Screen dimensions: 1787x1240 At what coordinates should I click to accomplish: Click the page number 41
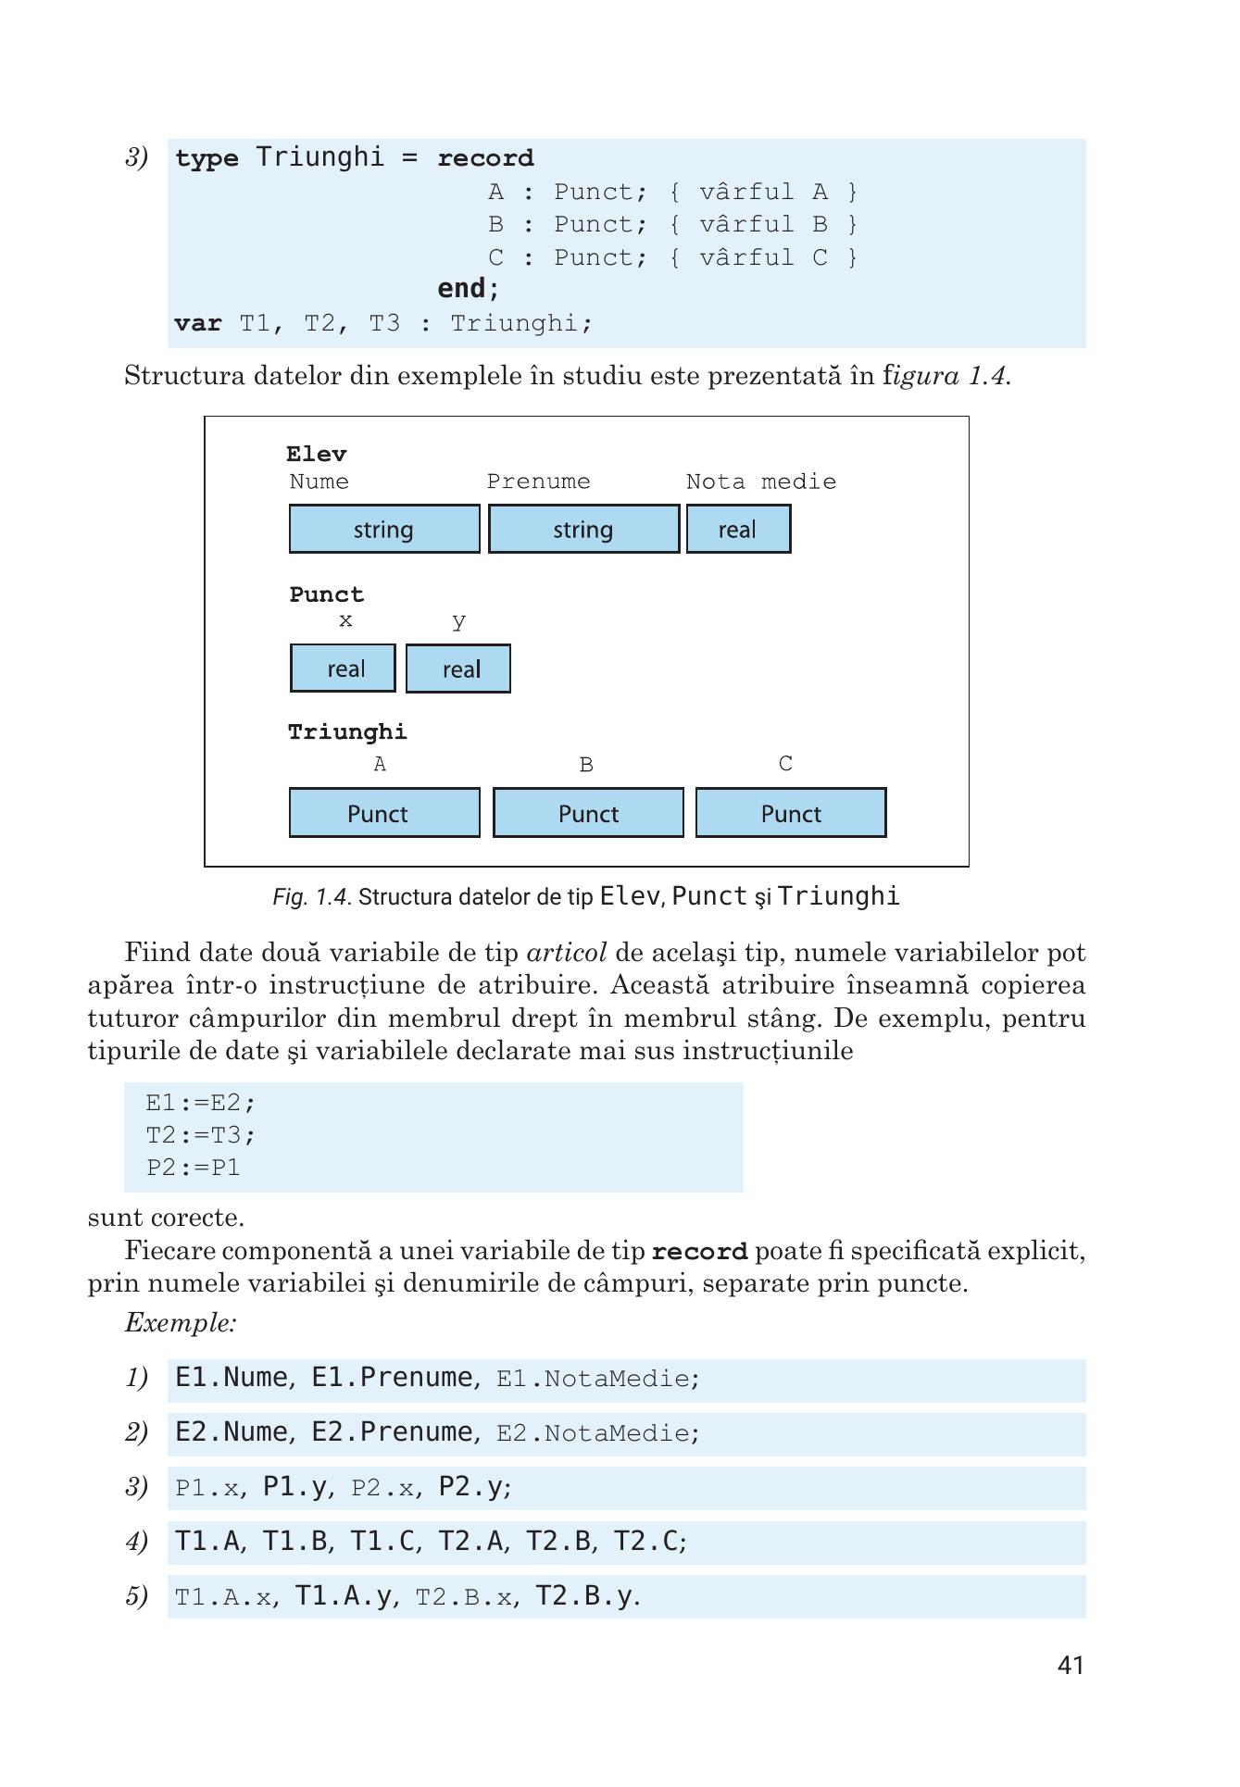1070,1666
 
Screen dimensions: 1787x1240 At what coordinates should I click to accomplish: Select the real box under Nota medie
738,530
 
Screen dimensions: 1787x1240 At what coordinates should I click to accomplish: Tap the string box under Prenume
583,530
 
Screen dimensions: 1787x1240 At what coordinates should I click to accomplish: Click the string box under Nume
384,530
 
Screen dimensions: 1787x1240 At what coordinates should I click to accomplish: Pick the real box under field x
343,669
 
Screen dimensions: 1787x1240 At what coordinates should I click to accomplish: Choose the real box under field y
458,669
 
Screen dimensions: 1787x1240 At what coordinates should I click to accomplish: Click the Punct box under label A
384,813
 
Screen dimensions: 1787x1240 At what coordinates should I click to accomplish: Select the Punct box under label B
588,813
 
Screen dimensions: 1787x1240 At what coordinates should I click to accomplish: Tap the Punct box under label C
791,813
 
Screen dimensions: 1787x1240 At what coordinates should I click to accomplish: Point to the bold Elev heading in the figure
317,454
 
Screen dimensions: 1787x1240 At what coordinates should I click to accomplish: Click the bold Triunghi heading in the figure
347,732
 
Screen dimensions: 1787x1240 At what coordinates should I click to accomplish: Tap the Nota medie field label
760,481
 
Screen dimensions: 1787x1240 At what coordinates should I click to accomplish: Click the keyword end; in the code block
468,289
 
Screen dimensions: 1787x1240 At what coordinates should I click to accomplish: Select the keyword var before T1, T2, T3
197,323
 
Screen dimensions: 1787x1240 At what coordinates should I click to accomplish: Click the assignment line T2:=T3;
201,1134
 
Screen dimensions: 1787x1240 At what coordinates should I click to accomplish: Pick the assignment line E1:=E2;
201,1103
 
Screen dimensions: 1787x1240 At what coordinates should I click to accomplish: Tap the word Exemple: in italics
181,1322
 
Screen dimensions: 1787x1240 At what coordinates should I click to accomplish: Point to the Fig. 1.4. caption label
312,897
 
